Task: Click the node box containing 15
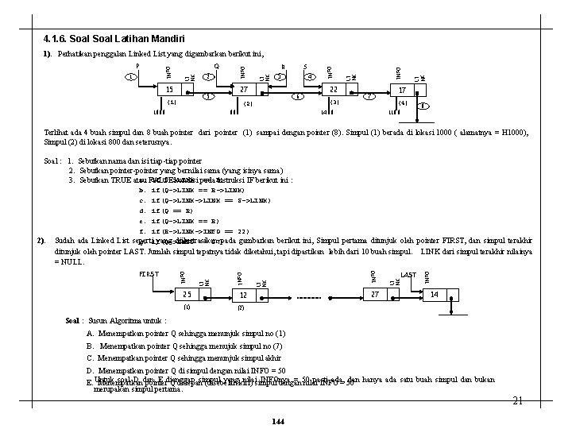(x=169, y=90)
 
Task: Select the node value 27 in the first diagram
(x=244, y=91)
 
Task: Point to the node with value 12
(x=243, y=295)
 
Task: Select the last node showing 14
(x=435, y=295)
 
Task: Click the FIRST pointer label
(x=149, y=274)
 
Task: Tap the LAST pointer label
(x=408, y=275)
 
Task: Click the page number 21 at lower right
(x=516, y=401)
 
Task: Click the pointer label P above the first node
(x=136, y=66)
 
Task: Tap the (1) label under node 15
(x=172, y=102)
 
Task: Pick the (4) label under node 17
(x=402, y=103)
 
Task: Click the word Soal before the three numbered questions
(x=52, y=160)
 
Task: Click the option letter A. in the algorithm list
(x=91, y=334)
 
